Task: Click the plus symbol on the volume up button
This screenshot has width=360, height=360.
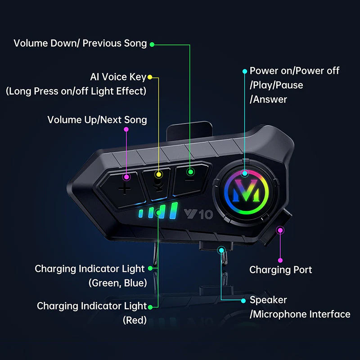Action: pos(125,189)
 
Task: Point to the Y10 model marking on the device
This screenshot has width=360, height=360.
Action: pos(198,214)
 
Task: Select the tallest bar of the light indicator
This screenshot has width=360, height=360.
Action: pos(174,211)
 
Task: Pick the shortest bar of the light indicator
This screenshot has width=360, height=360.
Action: pos(141,213)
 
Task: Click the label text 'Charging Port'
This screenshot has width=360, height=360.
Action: pos(280,270)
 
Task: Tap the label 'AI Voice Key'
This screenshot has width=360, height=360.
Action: pos(118,77)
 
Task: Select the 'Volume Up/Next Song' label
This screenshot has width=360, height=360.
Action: pos(97,120)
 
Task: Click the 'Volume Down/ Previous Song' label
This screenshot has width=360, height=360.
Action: pos(80,43)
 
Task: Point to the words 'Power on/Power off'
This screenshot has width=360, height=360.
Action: pos(294,71)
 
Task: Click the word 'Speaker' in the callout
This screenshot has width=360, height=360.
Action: pos(268,300)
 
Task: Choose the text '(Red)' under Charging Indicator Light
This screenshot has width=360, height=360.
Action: pos(135,320)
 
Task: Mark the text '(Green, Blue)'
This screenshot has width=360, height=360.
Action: pos(117,283)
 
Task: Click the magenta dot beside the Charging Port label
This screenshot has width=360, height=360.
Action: pos(280,261)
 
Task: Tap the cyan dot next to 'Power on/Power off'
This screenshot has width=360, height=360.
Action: pos(245,72)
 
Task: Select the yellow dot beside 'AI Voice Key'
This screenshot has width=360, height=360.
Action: pos(150,77)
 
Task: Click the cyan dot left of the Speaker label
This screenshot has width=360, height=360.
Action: pos(243,301)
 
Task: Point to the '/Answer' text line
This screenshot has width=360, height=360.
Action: pos(268,99)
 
